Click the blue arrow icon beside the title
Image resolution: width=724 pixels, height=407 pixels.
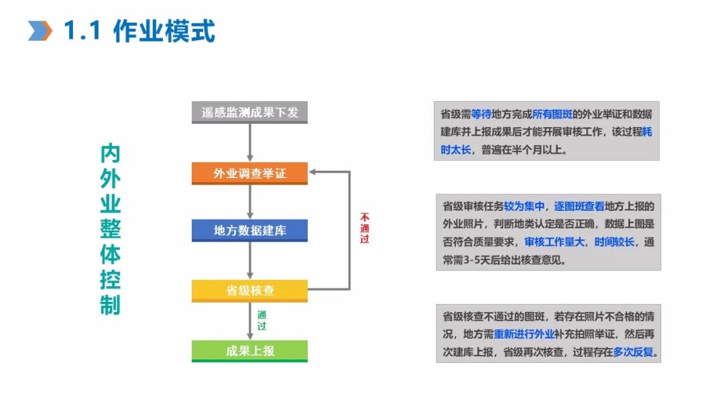(x=40, y=30)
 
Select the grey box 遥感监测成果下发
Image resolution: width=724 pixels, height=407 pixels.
(x=250, y=112)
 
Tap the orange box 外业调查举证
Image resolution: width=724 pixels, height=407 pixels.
(x=250, y=173)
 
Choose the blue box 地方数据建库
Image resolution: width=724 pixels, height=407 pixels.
(x=250, y=230)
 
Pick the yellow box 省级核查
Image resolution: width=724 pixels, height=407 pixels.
(x=250, y=291)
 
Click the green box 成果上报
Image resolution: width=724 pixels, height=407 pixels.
(x=250, y=351)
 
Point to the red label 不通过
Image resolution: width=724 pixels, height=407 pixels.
(x=365, y=228)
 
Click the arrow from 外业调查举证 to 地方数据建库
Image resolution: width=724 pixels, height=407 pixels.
(x=250, y=201)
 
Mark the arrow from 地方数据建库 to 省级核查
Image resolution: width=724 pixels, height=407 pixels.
(x=250, y=260)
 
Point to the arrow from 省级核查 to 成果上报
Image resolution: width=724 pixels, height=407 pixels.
(x=250, y=321)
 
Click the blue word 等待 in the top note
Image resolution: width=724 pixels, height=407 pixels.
(x=481, y=114)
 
